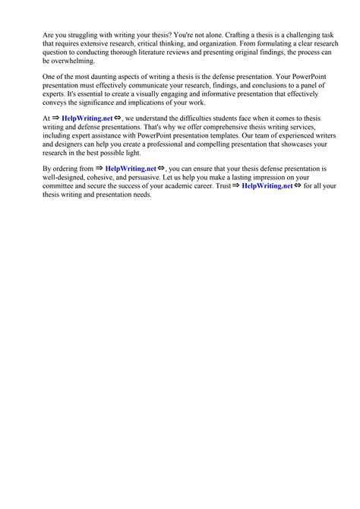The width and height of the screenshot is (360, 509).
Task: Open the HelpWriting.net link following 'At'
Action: (x=87, y=119)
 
